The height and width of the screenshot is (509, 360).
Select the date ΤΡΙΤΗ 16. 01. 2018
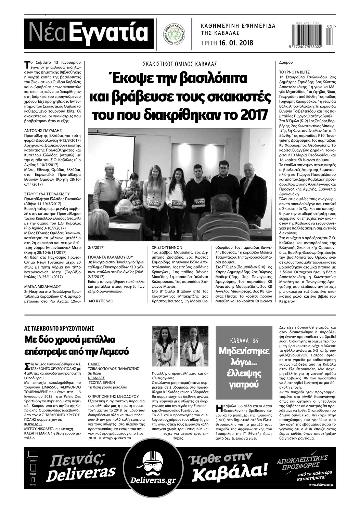point(227,43)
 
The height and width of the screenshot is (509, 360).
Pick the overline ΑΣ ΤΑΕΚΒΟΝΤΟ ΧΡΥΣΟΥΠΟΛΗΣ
point(59,328)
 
